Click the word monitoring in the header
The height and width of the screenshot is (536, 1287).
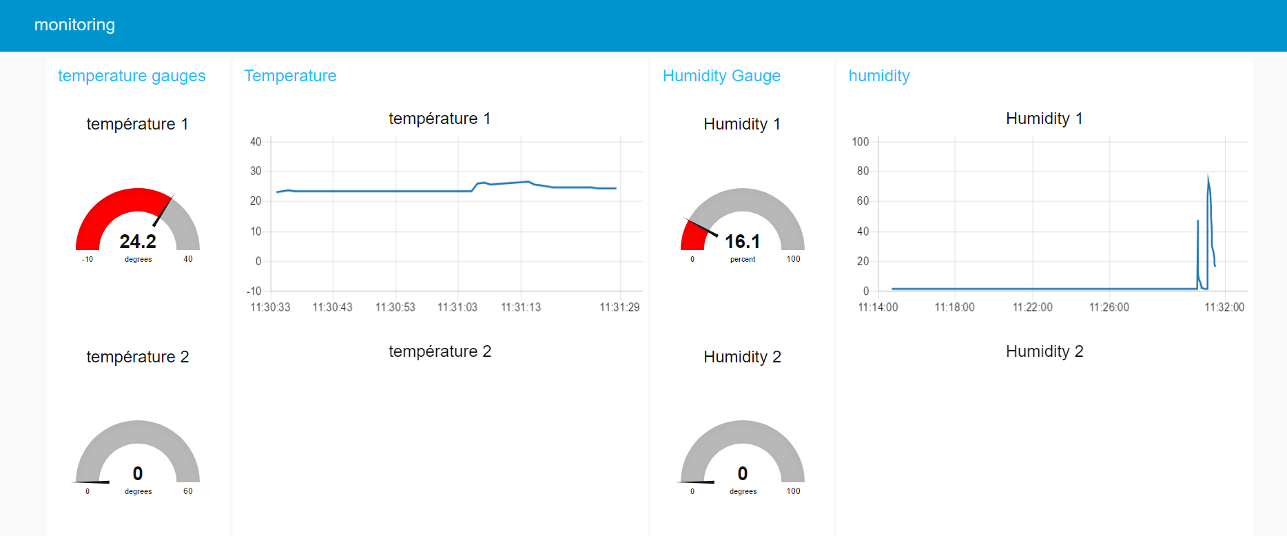tap(74, 25)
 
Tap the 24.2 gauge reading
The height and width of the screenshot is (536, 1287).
tap(138, 241)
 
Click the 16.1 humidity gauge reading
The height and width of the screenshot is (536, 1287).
tap(742, 241)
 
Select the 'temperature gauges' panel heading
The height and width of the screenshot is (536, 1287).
tap(132, 76)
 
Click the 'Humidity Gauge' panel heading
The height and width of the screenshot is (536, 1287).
tap(721, 76)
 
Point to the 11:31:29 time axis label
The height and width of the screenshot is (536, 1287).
tap(619, 307)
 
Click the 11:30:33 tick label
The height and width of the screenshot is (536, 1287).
tap(270, 307)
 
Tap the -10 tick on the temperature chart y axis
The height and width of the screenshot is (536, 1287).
tap(254, 291)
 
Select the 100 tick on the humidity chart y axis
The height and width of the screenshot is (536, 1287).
tap(861, 142)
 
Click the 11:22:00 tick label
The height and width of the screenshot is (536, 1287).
tap(1032, 307)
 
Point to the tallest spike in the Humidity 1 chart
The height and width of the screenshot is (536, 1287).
tap(1208, 178)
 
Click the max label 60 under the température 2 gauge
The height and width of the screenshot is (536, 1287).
tap(188, 491)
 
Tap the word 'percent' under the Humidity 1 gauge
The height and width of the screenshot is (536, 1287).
tap(743, 260)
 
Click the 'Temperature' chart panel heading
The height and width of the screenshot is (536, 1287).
tap(290, 76)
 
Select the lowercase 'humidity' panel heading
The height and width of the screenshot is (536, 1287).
tap(878, 76)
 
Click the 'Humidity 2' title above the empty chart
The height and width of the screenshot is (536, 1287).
tap(1044, 351)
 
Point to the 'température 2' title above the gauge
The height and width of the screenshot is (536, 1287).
tap(138, 357)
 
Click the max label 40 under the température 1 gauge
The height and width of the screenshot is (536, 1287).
tap(188, 259)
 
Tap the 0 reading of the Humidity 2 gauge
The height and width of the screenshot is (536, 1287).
tap(743, 473)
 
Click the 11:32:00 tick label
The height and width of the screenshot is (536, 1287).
tap(1224, 307)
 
